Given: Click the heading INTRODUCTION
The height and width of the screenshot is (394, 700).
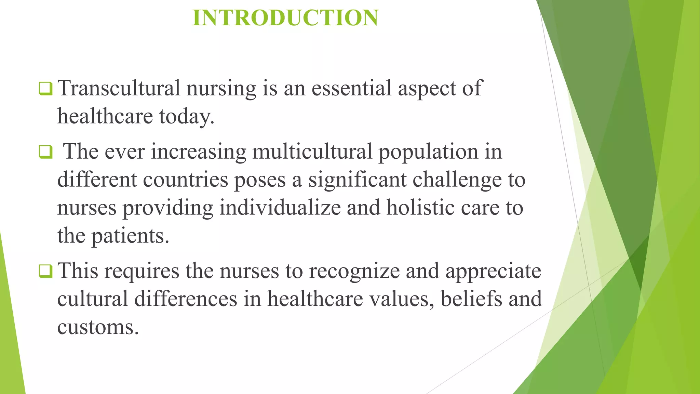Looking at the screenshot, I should [285, 18].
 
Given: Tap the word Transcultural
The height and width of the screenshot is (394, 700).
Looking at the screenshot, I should [119, 88].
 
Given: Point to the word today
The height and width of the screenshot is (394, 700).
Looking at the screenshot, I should [187, 116].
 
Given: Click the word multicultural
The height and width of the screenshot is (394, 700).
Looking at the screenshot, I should [312, 151].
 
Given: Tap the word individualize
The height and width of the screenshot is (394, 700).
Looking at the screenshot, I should [280, 208].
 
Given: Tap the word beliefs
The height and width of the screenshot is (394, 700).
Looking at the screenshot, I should [471, 299].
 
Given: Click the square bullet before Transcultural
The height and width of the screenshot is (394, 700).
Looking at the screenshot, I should [45, 89].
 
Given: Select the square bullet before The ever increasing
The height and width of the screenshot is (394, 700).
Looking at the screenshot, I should [45, 152].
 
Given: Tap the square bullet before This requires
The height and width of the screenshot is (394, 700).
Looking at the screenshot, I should [45, 271].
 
